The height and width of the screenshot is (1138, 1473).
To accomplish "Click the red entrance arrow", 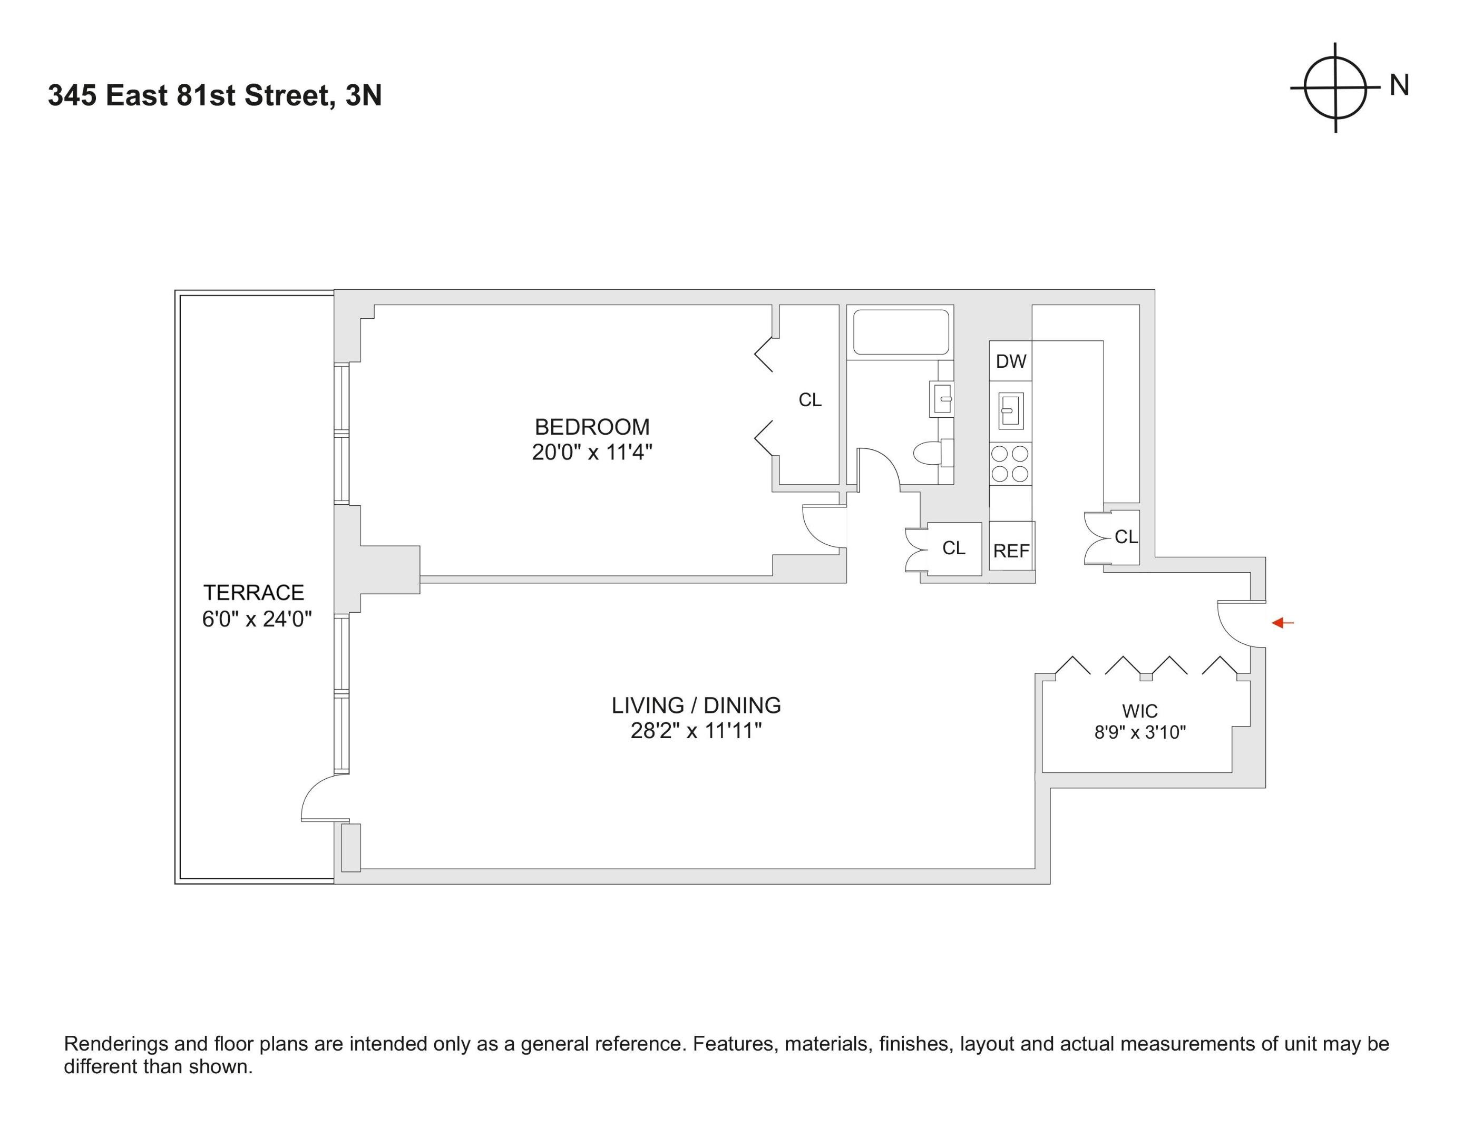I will (1282, 623).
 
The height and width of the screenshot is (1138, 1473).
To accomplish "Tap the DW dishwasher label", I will (1010, 361).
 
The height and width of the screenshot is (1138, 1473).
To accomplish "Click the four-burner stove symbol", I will (1010, 464).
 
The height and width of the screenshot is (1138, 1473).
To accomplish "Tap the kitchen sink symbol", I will (1010, 410).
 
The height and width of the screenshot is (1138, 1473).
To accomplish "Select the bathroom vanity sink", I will (942, 399).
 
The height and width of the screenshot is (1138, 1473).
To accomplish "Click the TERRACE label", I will (253, 593).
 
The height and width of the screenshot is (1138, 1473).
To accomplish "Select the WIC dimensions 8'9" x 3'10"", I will (1140, 732).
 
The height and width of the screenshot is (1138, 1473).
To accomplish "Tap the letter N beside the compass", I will (1400, 86).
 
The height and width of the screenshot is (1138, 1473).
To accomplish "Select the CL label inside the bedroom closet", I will (809, 400).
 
